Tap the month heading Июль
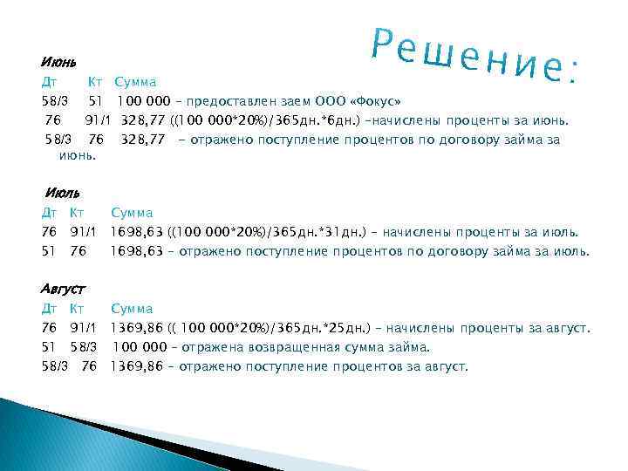coord(62,192)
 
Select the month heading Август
coord(64,288)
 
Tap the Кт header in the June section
coord(95,82)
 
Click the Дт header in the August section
coord(49,309)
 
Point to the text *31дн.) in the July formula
coord(352,232)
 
